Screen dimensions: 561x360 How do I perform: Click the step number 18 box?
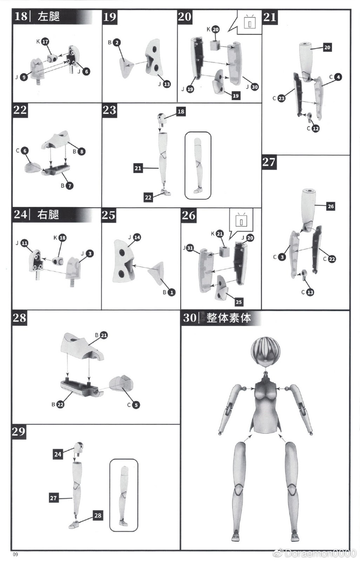[21, 16]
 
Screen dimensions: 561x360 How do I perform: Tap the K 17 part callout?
[45, 42]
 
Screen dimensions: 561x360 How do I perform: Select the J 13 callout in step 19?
[167, 84]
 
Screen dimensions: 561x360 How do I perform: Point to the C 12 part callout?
[315, 128]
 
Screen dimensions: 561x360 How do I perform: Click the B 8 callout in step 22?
[81, 151]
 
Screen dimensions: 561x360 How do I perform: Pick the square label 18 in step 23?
[181, 111]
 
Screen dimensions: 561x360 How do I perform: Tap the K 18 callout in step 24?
[62, 238]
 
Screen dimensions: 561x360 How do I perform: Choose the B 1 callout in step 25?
[171, 292]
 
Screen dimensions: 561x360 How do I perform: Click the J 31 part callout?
[189, 248]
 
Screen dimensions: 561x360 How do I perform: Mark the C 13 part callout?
[310, 292]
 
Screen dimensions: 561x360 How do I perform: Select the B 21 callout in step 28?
[104, 335]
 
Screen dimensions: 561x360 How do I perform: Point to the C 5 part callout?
[136, 405]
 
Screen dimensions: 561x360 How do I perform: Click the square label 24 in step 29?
[58, 454]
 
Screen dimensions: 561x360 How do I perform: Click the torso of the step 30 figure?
[265, 407]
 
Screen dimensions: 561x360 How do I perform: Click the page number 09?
[15, 554]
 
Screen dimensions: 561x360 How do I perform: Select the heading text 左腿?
[49, 16]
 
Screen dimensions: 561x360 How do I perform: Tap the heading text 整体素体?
[229, 318]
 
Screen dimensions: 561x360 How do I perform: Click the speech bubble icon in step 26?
[241, 222]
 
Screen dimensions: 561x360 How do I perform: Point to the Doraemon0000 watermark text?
[320, 553]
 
